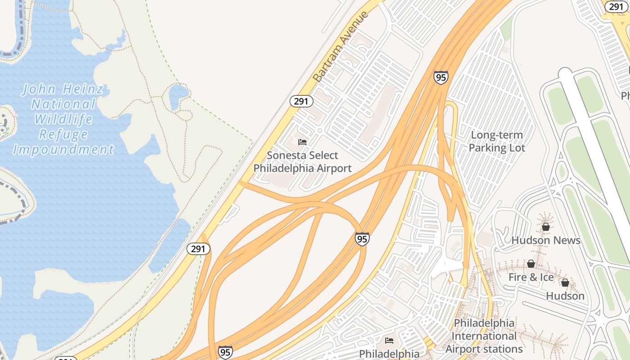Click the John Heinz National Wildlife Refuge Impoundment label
tap(63, 119)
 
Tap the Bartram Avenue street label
tap(341, 47)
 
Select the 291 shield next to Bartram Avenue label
tap(301, 101)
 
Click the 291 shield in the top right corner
tap(616, 6)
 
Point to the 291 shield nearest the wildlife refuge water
tap(198, 249)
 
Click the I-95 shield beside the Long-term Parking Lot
tap(441, 77)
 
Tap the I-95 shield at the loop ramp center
tap(362, 239)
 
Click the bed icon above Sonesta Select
tap(302, 142)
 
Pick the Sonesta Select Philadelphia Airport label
tap(302, 162)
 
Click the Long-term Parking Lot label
tap(497, 141)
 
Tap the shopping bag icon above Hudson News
tap(546, 227)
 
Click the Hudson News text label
tap(546, 240)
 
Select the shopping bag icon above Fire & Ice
tap(531, 264)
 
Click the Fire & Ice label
tap(531, 277)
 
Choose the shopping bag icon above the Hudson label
tap(565, 283)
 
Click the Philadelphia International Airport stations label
tap(484, 336)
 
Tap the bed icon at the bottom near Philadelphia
tap(389, 341)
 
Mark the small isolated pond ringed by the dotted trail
tap(179, 94)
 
